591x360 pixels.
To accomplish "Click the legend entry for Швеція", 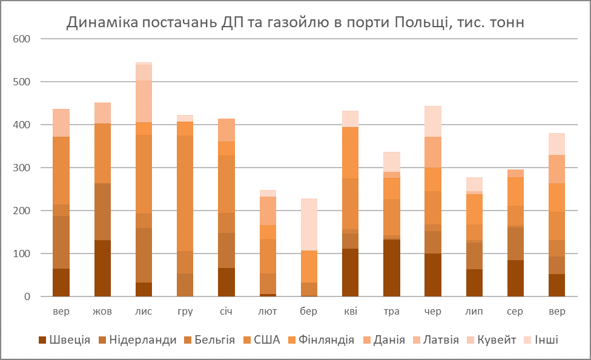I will click(70, 340).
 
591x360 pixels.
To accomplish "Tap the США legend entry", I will click(266, 340).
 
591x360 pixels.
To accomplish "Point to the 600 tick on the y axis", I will click(22, 39).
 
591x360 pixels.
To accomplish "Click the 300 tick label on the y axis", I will click(22, 168).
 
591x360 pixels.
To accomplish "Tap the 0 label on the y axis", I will click(27, 296).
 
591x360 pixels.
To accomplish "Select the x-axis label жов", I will click(102, 312).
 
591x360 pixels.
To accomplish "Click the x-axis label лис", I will click(144, 312).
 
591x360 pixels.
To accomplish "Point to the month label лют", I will click(267, 312).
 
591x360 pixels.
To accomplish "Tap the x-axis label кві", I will click(350, 312).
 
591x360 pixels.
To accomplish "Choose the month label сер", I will click(515, 312).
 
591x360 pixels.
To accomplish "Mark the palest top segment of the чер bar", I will click(433, 121).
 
